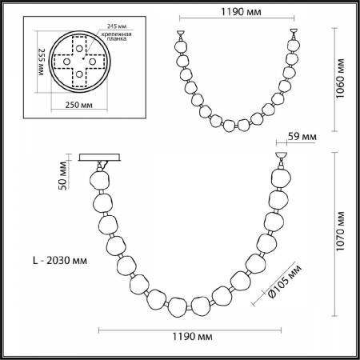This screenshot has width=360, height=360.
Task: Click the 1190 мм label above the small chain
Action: click(x=241, y=12)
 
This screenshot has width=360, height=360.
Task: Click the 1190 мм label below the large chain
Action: click(x=192, y=337)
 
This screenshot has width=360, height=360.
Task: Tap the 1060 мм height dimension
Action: click(x=340, y=78)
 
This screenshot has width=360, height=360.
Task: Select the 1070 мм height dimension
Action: click(x=340, y=231)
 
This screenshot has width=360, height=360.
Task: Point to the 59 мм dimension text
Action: click(x=302, y=137)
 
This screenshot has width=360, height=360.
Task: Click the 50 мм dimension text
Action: click(x=62, y=175)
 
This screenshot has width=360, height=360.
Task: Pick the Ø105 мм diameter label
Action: click(x=284, y=282)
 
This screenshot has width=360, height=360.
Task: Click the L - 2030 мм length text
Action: click(x=60, y=260)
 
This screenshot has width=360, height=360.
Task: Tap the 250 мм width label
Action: click(x=79, y=105)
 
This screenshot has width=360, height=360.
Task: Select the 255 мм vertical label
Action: click(x=42, y=62)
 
